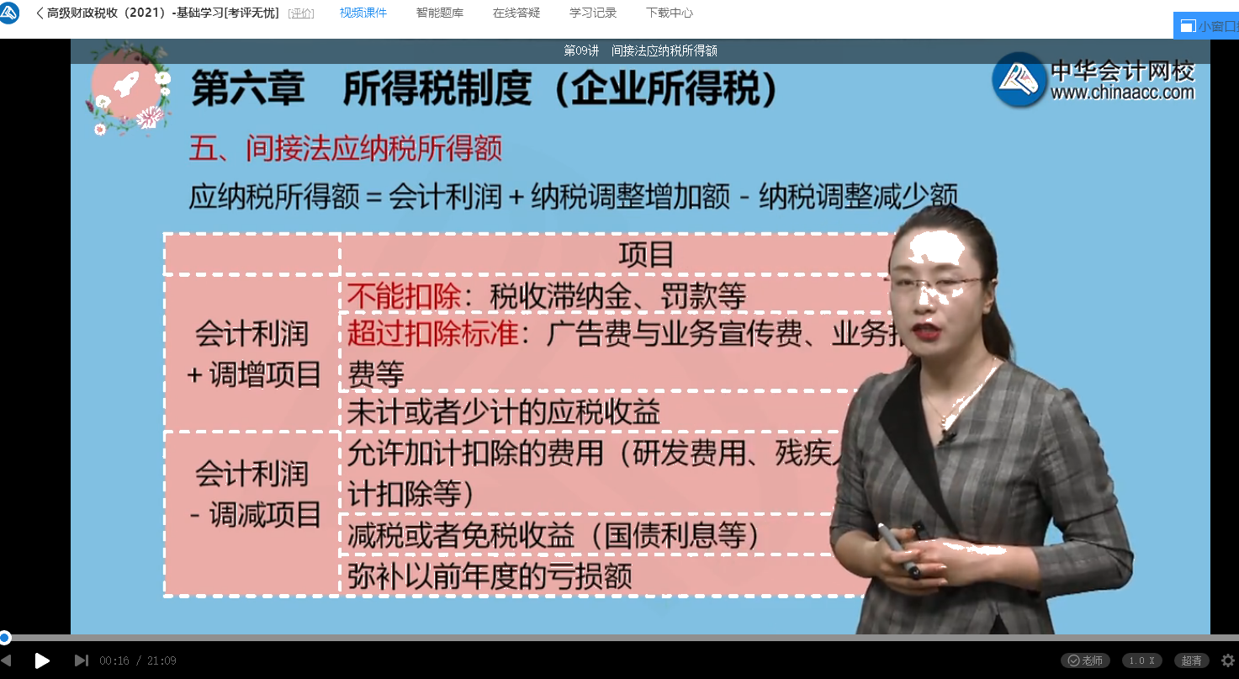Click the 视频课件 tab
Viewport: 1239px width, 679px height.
point(363,13)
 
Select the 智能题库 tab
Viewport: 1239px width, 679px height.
point(439,13)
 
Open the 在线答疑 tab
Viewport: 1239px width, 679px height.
point(516,13)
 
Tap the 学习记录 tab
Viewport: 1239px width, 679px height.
point(593,13)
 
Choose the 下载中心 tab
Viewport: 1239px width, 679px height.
point(670,13)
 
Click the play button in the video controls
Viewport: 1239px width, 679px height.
point(42,660)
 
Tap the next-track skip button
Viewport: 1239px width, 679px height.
point(81,660)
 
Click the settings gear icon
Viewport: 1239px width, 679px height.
point(1228,660)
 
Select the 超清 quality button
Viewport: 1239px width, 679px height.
point(1191,660)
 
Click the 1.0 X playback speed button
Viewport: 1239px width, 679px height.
point(1141,660)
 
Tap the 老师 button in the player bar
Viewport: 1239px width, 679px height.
point(1085,660)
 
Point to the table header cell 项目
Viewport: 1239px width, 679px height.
point(646,255)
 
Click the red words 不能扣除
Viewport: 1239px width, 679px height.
point(404,296)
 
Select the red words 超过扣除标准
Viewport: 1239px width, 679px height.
point(433,335)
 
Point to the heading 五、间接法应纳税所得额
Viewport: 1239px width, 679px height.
point(345,150)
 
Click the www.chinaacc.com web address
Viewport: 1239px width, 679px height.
point(1122,93)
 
